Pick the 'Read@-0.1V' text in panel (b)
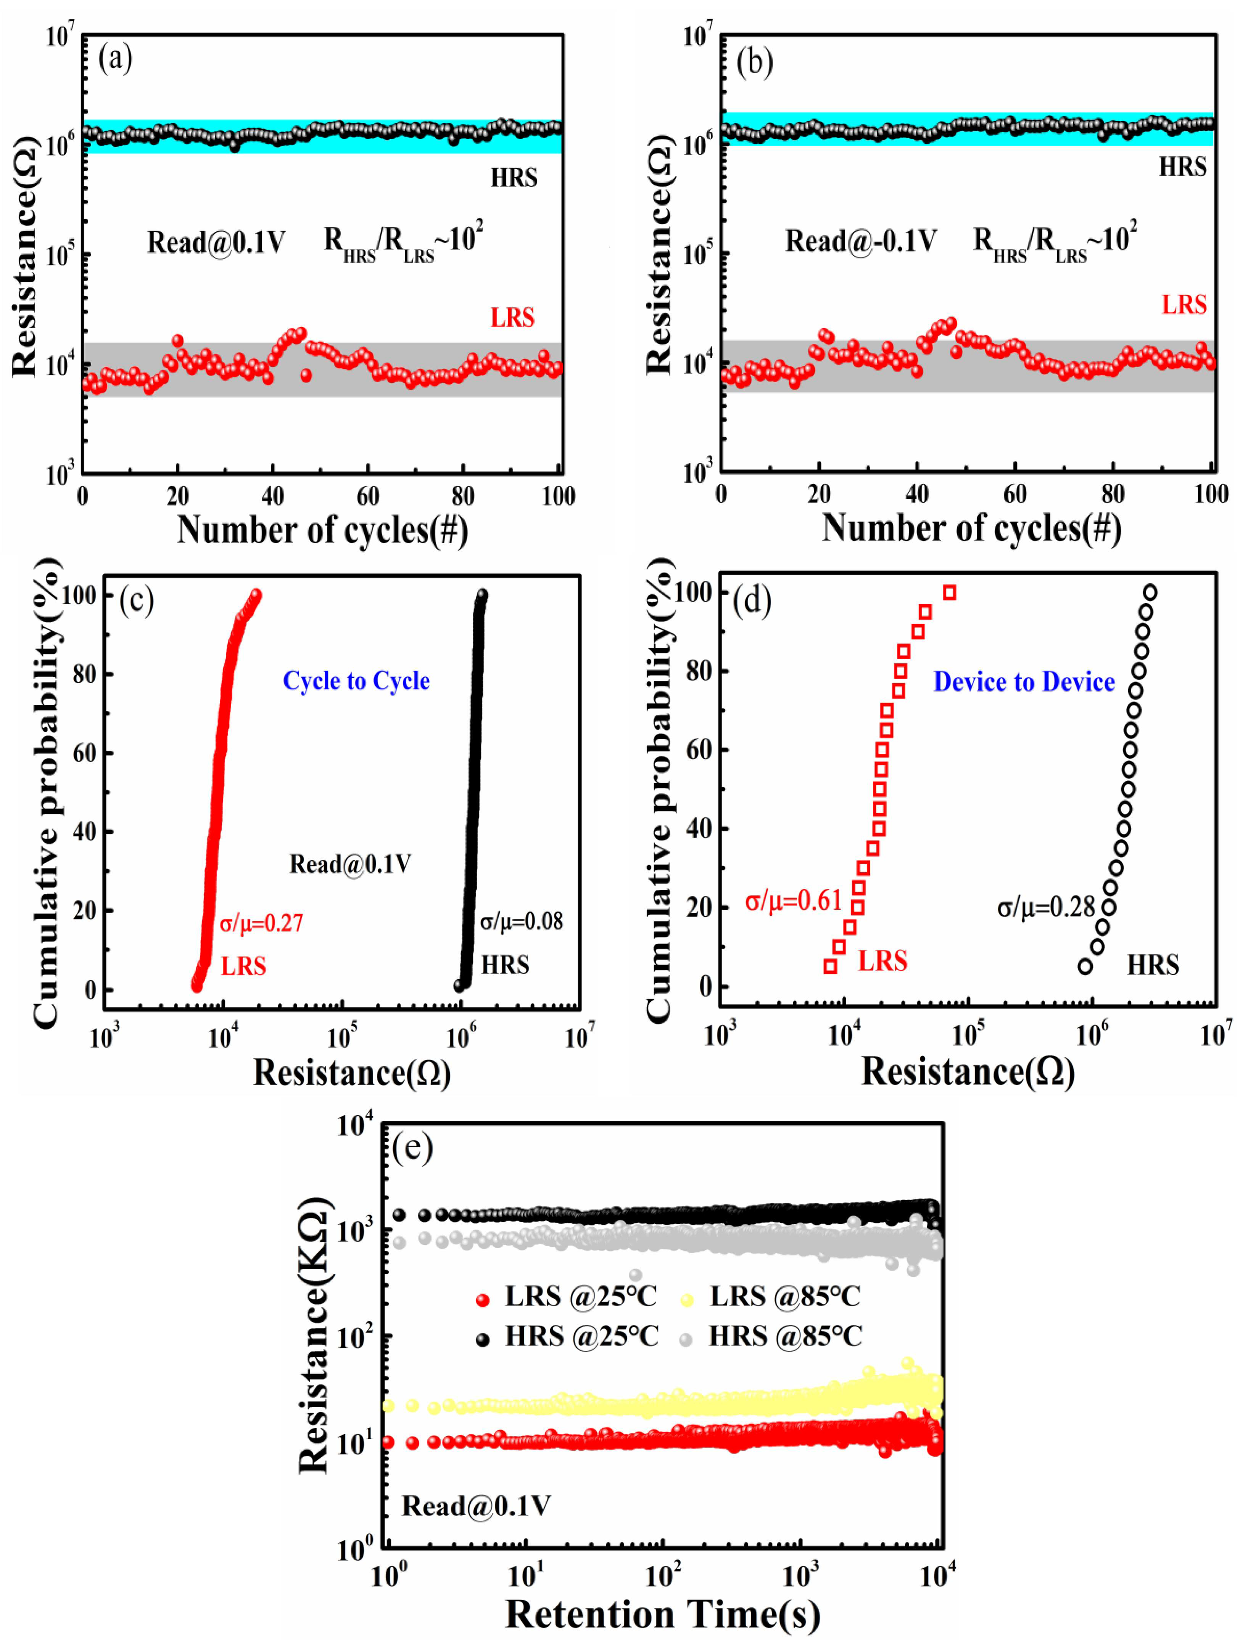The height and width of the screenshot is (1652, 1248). [x=860, y=241]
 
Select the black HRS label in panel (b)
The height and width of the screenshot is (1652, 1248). [x=1182, y=167]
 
